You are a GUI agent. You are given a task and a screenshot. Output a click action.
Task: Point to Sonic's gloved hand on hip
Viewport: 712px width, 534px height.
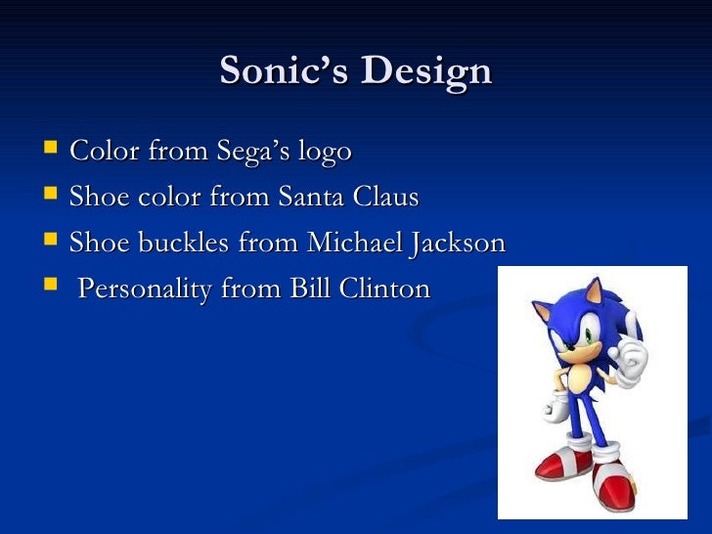[x=560, y=404]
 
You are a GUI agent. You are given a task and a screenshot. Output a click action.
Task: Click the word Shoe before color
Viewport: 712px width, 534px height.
[x=96, y=198]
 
